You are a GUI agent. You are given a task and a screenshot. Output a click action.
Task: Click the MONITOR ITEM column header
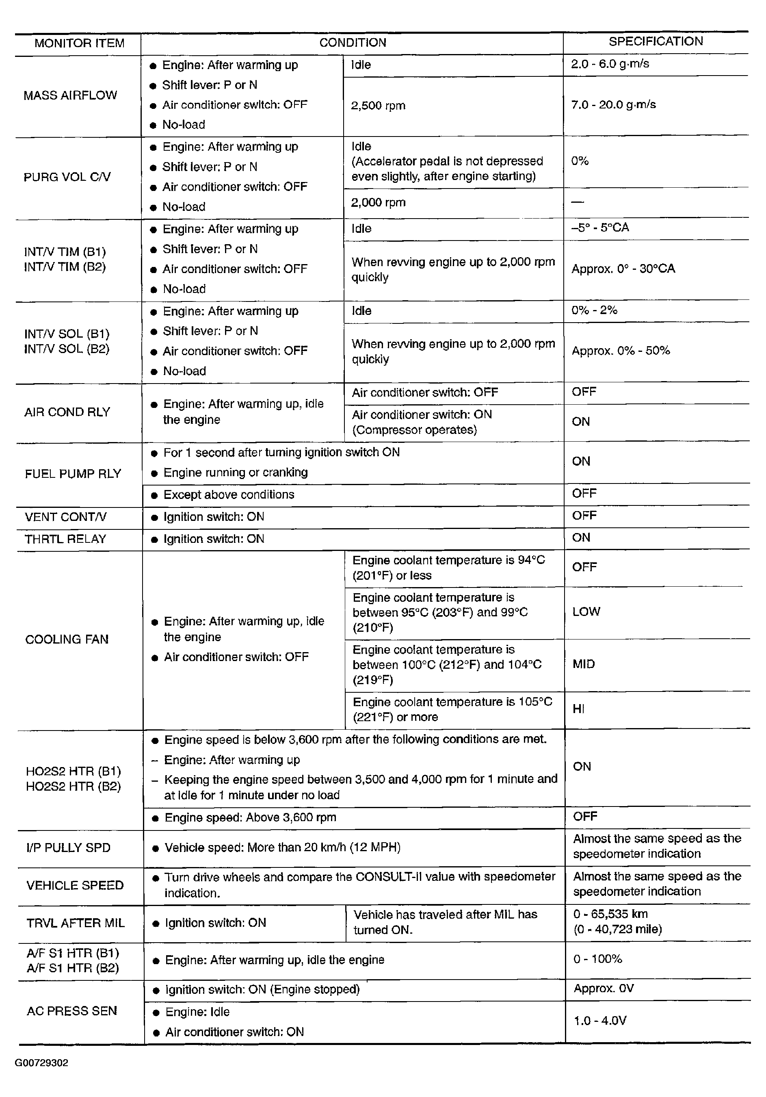[x=79, y=43]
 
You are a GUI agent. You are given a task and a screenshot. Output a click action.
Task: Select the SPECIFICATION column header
[x=655, y=41]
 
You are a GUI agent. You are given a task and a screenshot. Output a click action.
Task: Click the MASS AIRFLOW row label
[x=70, y=95]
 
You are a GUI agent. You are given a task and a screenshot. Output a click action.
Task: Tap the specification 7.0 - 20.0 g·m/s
[x=613, y=105]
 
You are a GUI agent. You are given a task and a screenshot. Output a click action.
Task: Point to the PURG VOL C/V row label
[x=67, y=177]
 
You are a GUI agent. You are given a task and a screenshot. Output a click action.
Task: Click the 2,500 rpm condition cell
[x=378, y=106]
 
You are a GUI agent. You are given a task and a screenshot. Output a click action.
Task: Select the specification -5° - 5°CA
[x=600, y=228]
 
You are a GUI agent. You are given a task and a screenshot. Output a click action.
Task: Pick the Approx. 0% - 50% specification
[x=620, y=351]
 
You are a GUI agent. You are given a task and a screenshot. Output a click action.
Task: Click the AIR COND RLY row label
[x=67, y=412]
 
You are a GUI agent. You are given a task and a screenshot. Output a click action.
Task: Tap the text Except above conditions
[x=229, y=494]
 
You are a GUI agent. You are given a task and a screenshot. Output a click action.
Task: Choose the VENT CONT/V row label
[x=66, y=517]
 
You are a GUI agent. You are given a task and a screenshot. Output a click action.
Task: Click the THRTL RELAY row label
[x=65, y=539]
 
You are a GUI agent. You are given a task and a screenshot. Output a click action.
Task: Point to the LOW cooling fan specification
[x=586, y=611]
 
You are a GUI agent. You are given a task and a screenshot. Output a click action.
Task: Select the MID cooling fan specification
[x=584, y=664]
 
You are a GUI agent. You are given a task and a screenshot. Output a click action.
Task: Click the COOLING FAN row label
[x=67, y=639]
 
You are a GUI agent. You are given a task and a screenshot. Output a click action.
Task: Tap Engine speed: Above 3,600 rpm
[x=250, y=817]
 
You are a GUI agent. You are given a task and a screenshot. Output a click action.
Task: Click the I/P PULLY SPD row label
[x=68, y=848]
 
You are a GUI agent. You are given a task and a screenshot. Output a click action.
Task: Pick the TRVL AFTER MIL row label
[x=76, y=923]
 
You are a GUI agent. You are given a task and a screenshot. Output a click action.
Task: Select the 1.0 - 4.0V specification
[x=600, y=1021]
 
